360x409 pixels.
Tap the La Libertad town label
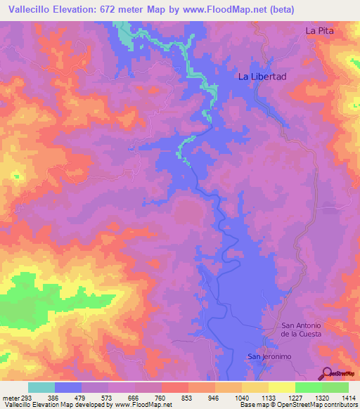[x=262, y=77]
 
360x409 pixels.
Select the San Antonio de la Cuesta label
[x=301, y=329]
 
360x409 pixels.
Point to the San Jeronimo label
[x=268, y=356]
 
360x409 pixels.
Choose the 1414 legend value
[x=348, y=397]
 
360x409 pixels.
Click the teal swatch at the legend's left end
[x=41, y=387]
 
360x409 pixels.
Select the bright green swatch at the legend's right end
[x=335, y=387]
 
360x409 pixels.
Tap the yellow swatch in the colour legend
[x=281, y=387]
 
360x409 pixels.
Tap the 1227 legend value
[x=295, y=397]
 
